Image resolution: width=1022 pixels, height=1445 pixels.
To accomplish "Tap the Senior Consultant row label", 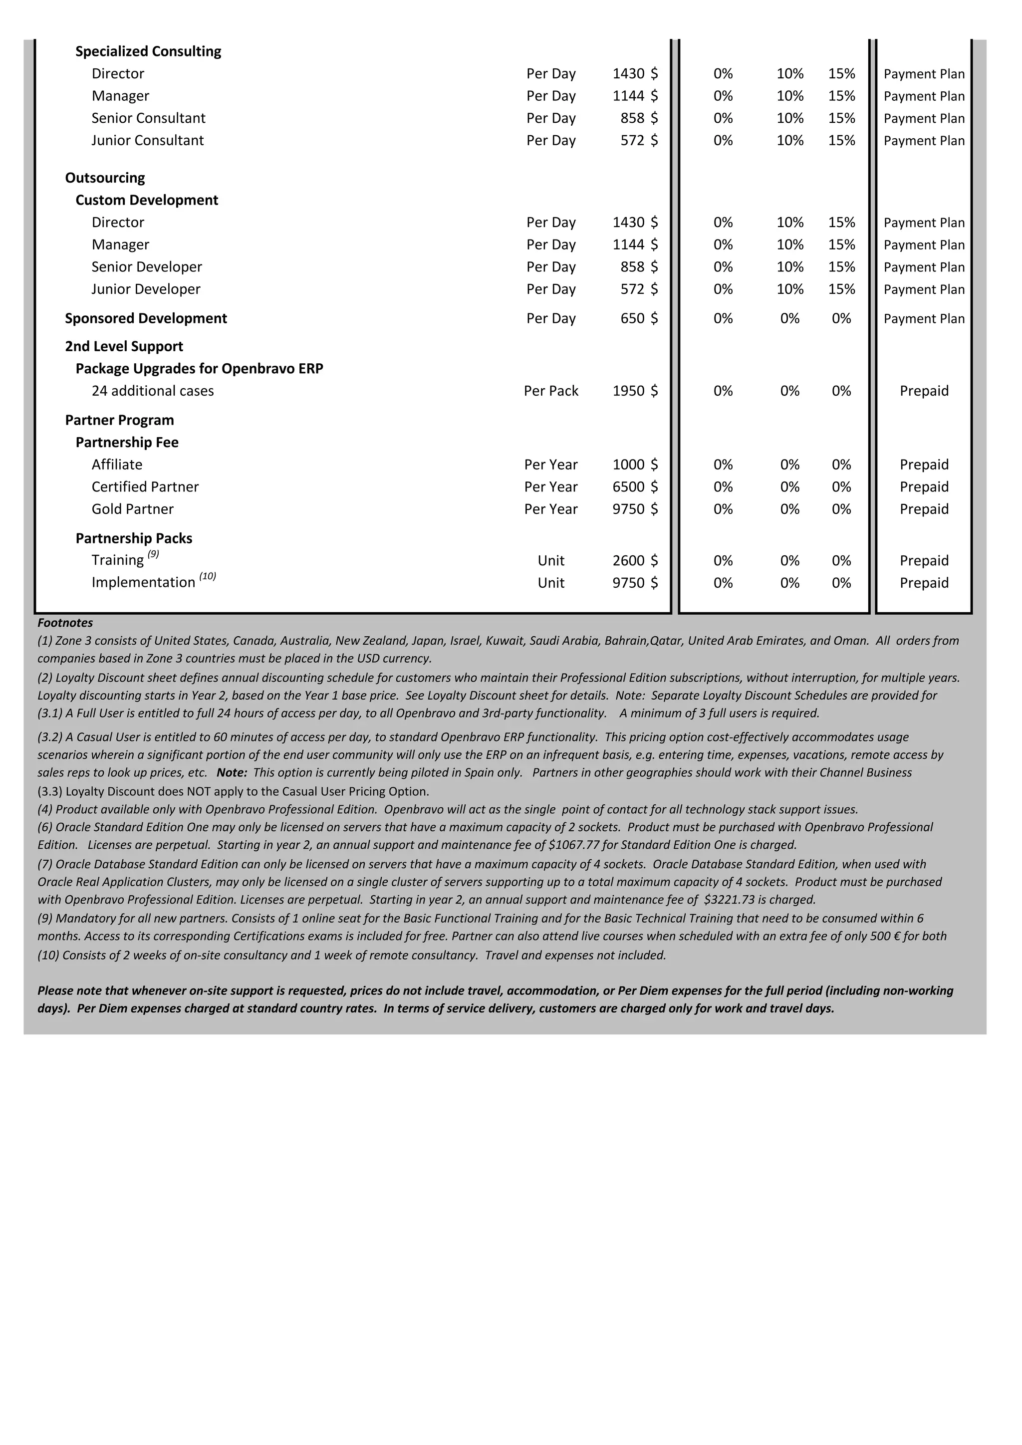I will tap(149, 118).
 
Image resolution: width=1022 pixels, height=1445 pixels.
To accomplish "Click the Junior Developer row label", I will tap(146, 289).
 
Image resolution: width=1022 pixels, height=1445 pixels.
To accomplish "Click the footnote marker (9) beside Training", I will tap(154, 554).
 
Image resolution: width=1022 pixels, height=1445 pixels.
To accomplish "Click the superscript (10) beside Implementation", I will tap(208, 576).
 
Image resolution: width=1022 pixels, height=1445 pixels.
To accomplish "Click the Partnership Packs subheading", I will tap(134, 539).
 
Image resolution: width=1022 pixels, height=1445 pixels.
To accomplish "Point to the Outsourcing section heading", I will tap(105, 178).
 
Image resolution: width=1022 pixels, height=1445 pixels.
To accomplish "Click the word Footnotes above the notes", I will tap(65, 623).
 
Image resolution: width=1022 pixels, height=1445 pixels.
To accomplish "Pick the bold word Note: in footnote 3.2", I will tap(232, 773).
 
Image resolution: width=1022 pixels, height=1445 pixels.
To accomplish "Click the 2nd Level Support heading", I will tap(124, 347).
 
